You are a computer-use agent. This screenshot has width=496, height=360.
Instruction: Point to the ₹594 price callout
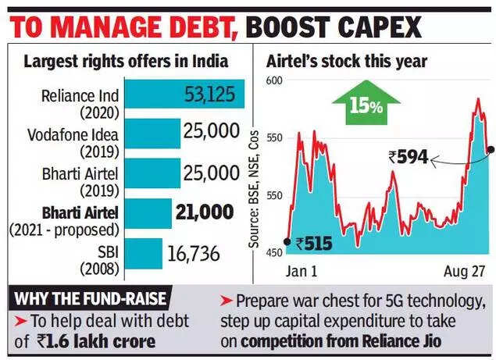(x=408, y=157)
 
